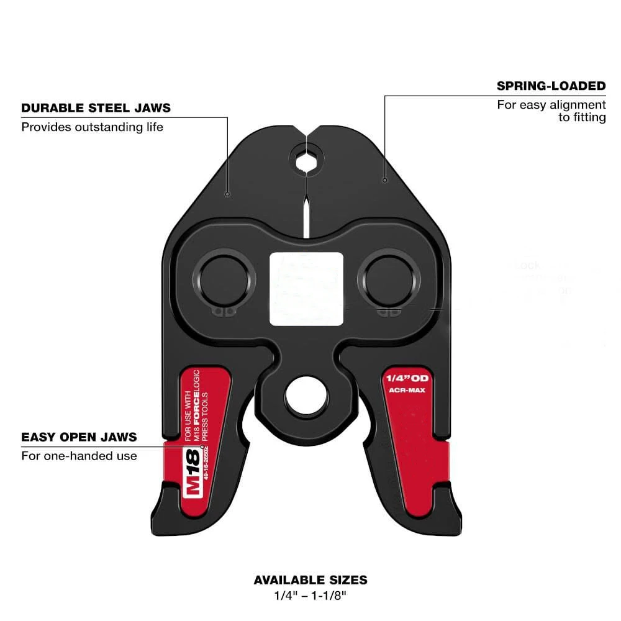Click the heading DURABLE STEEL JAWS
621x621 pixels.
[96, 108]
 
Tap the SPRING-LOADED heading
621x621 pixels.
[551, 86]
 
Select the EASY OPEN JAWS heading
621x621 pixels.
[79, 437]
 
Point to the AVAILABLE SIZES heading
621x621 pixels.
[310, 580]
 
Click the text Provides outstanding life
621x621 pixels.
[92, 127]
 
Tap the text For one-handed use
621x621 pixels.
[79, 456]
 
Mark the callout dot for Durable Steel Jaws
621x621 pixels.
[228, 194]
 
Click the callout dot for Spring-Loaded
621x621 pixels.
[385, 180]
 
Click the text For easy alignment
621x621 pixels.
[551, 105]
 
